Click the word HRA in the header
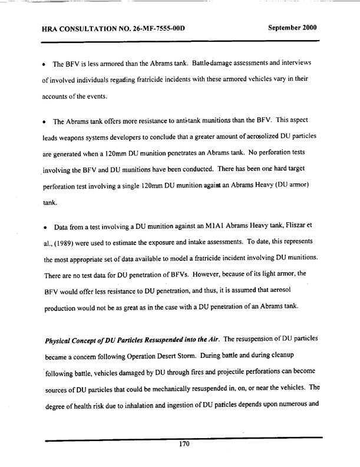tap(52, 28)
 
